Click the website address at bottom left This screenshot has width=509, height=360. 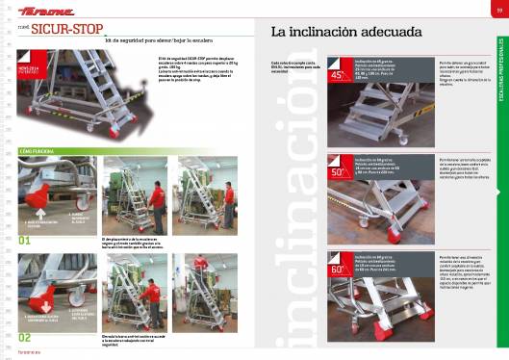(x=27, y=354)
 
